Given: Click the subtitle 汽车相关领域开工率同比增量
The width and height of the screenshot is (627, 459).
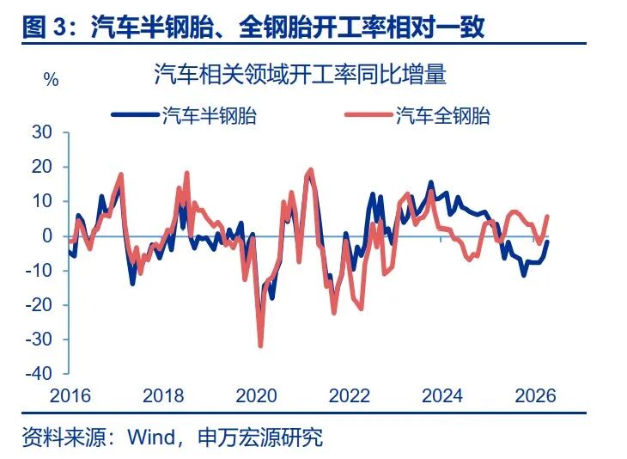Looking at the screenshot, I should click(x=300, y=74).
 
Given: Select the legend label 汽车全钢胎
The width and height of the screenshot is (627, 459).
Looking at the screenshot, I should click(x=442, y=116).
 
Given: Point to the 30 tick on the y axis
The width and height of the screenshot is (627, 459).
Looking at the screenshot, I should click(x=40, y=132).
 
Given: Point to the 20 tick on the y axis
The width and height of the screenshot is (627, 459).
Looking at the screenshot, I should click(x=40, y=167).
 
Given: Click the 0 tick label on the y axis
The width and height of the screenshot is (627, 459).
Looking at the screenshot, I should click(x=47, y=236).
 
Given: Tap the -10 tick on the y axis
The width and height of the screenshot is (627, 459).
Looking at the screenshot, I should click(x=38, y=270).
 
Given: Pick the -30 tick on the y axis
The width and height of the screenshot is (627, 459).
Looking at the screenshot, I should click(x=38, y=340).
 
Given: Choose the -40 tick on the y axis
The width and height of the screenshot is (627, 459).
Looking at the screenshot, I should click(x=38, y=374).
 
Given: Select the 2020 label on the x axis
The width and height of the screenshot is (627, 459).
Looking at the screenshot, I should click(x=255, y=396).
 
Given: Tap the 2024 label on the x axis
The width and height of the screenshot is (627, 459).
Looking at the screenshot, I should click(x=442, y=396).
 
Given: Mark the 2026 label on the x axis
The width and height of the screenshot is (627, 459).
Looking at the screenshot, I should click(x=536, y=396).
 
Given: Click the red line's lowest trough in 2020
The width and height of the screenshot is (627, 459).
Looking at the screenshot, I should click(x=260, y=346).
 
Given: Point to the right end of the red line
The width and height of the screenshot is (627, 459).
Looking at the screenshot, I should click(x=548, y=216).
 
